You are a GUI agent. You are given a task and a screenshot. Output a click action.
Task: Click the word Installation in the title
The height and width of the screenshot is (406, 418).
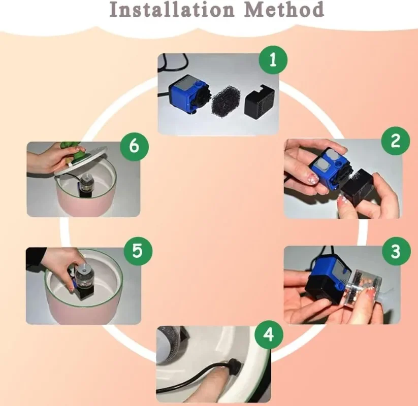pyautogui.click(x=172, y=9)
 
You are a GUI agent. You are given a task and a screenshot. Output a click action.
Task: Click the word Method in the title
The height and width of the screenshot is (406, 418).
pyautogui.click(x=284, y=9)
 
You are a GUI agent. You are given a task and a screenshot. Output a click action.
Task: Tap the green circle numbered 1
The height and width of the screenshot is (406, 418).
pyautogui.click(x=273, y=60)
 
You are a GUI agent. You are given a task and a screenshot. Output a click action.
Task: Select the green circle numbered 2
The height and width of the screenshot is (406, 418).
pyautogui.click(x=396, y=141)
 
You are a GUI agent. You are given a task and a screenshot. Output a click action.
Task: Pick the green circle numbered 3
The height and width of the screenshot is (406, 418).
pyautogui.click(x=396, y=251)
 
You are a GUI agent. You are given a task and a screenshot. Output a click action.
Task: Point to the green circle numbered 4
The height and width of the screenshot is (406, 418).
pyautogui.click(x=269, y=334)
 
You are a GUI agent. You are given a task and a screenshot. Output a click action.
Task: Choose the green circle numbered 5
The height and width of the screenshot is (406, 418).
pyautogui.click(x=138, y=251)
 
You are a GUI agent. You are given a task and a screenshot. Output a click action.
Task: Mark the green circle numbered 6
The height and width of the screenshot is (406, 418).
pyautogui.click(x=134, y=146)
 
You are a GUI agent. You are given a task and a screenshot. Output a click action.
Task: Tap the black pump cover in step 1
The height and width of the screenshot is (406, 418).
pyautogui.click(x=260, y=100)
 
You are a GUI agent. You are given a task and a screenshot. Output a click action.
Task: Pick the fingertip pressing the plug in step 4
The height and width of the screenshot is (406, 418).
pyautogui.click(x=224, y=373)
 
